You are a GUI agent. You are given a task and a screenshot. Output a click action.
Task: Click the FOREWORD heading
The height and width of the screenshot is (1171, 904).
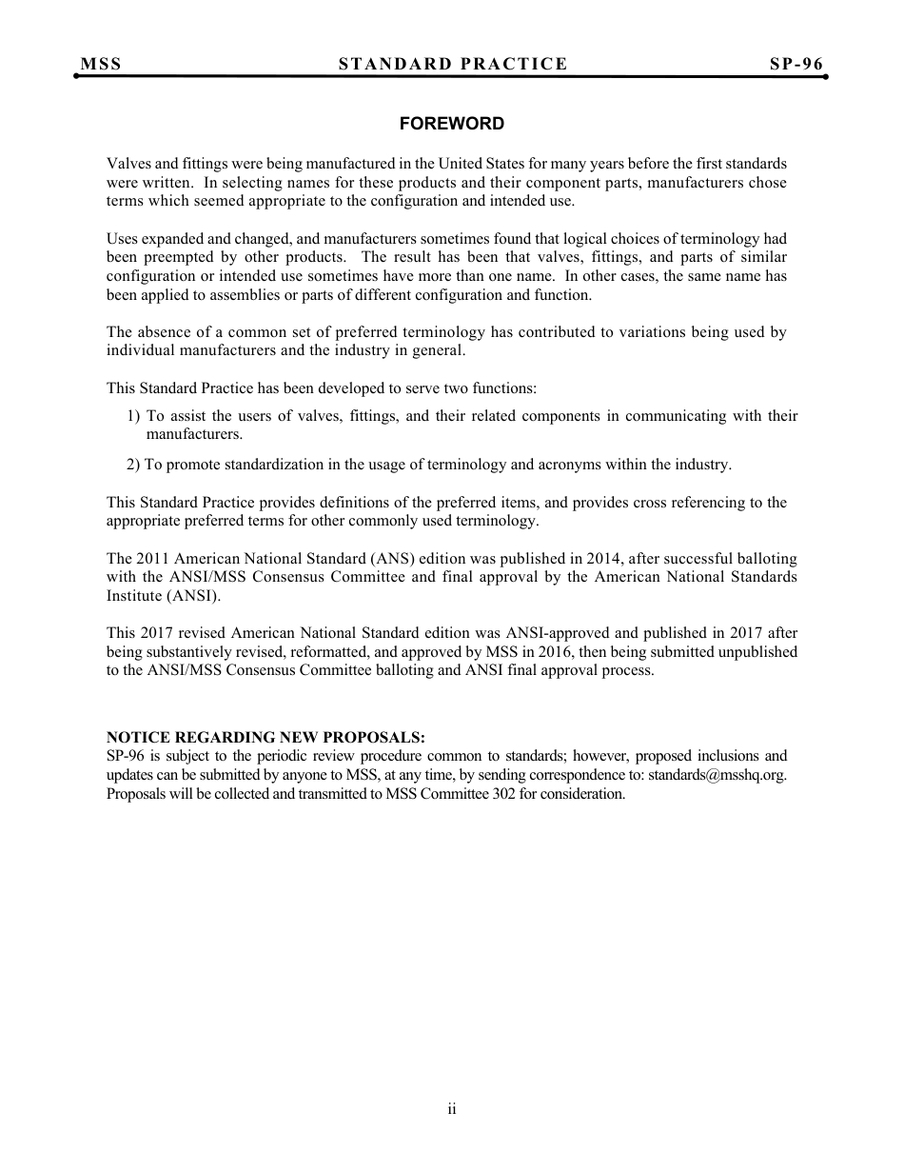[451, 124]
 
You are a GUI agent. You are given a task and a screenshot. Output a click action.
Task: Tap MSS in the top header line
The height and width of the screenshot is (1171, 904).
[101, 64]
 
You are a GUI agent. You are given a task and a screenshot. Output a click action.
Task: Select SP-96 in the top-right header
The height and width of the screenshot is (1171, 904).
[796, 64]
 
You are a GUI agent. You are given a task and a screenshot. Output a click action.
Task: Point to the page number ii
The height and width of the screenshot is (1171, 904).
[452, 1108]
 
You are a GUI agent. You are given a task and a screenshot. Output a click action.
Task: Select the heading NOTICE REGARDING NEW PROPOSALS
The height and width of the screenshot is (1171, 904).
[265, 738]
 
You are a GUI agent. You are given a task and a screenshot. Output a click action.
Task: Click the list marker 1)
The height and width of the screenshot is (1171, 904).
[133, 416]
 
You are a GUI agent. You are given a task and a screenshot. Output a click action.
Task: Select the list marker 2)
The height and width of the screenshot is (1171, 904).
[133, 465]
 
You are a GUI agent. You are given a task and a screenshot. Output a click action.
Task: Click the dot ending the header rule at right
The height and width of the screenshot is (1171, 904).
[825, 76]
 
